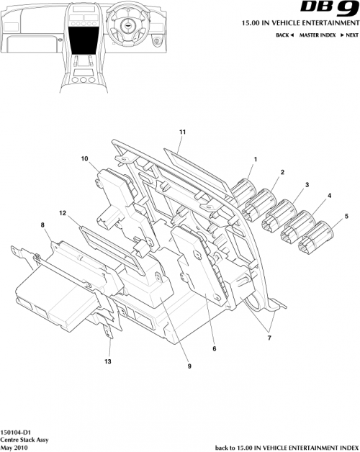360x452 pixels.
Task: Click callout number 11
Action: (182, 132)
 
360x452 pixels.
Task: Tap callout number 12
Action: (63, 214)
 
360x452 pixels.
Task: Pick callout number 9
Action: (189, 366)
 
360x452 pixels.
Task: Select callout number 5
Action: (346, 215)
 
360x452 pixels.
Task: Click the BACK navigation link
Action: (285, 35)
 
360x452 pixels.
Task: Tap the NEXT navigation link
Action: (349, 35)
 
